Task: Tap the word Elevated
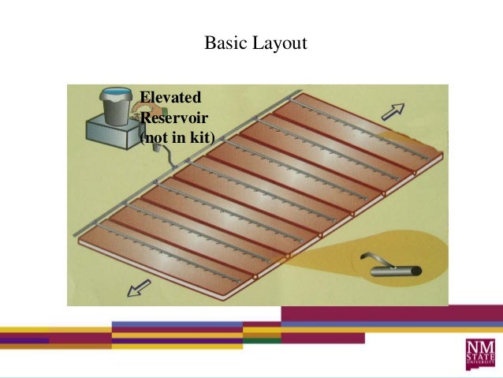[x=170, y=98]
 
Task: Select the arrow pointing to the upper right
[x=393, y=111]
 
